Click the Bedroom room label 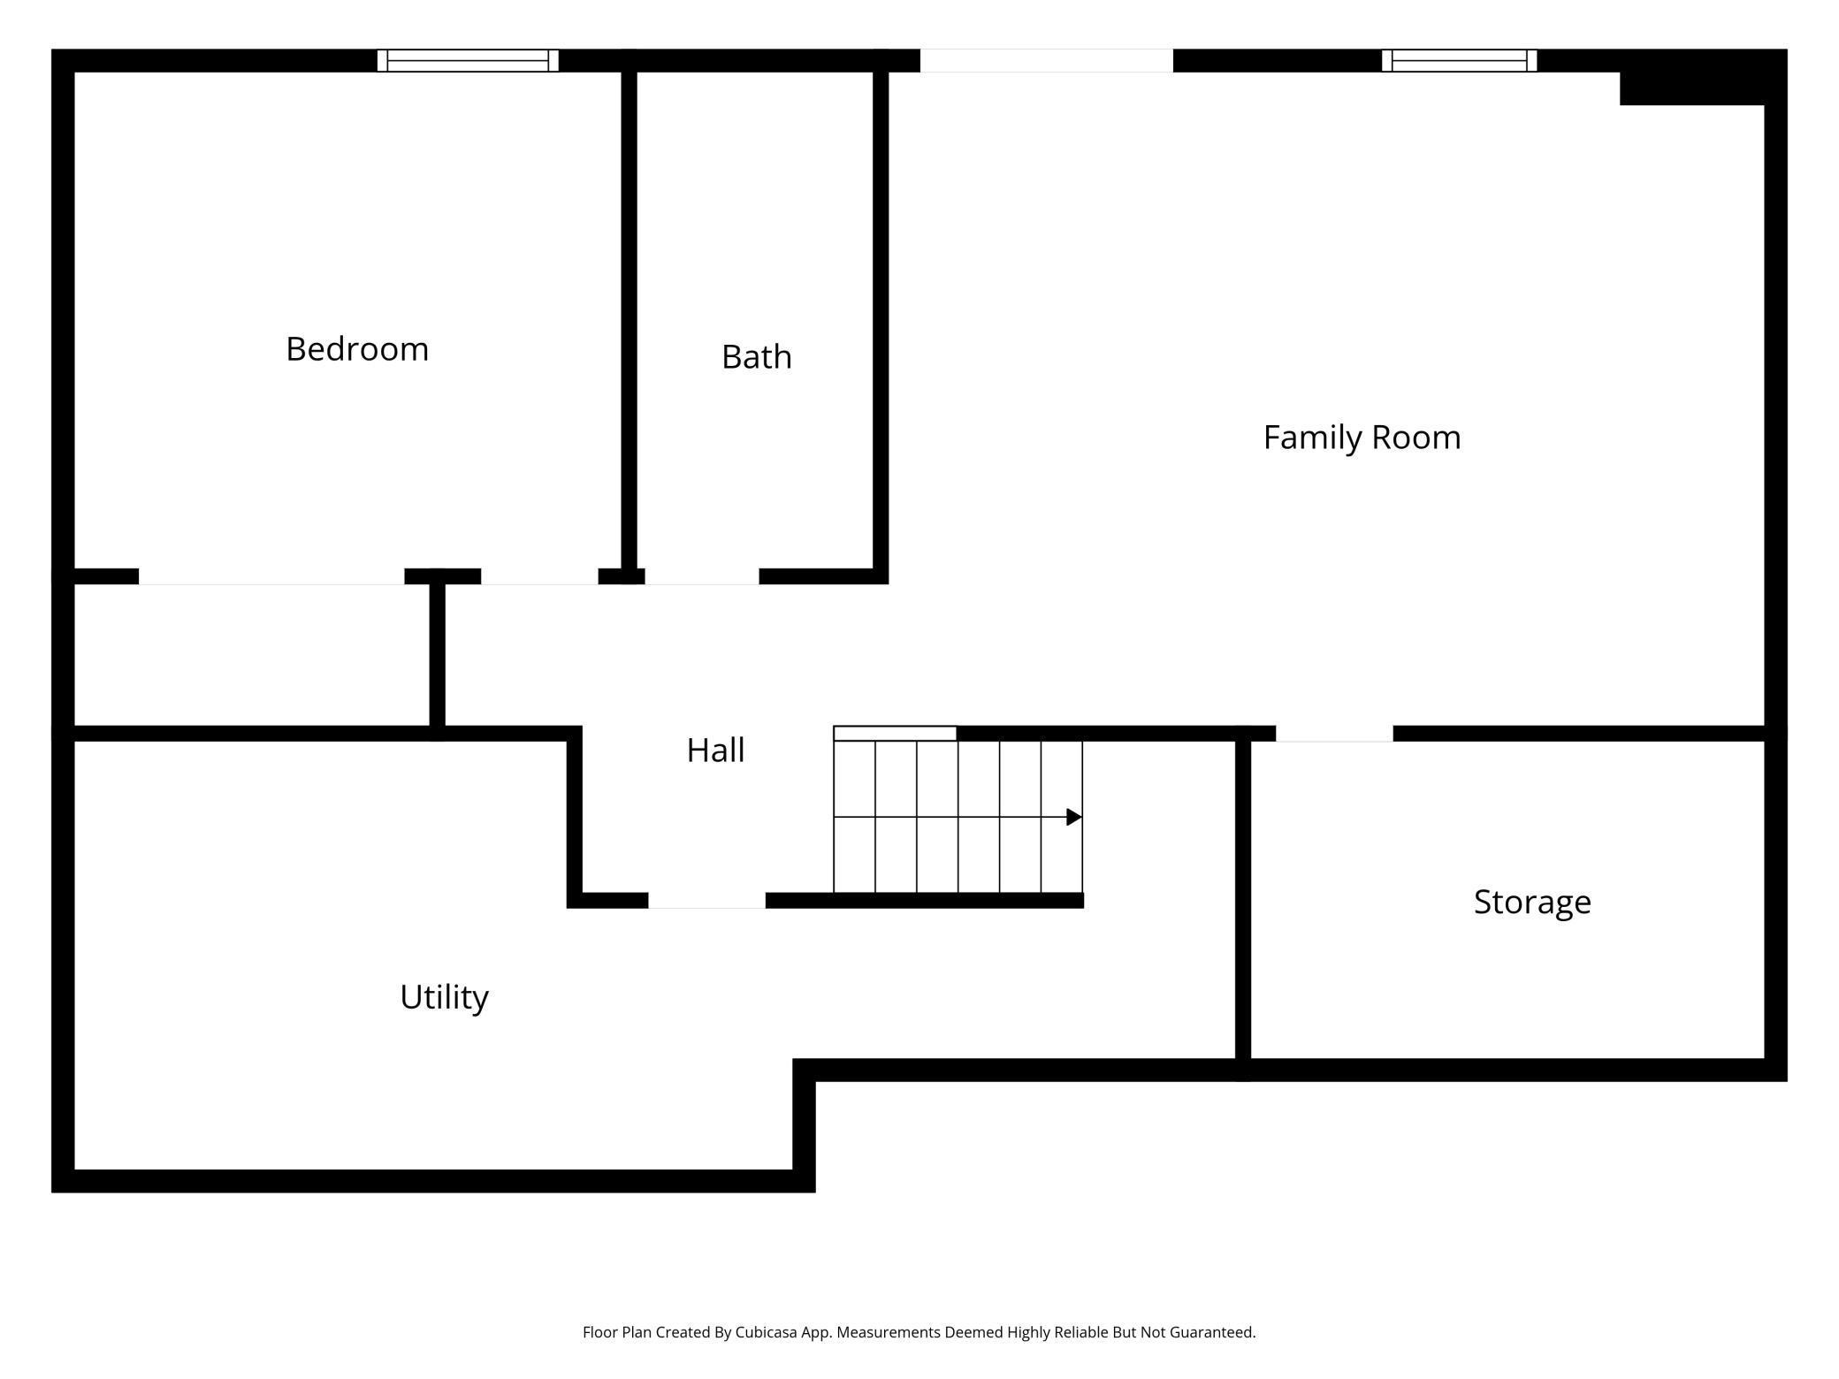tap(357, 349)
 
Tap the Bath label tap(757, 357)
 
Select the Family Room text tap(1362, 438)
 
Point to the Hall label tap(715, 750)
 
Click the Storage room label tap(1532, 903)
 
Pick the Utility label tap(444, 997)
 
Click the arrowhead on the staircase tap(1074, 817)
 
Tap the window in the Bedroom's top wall tap(468, 60)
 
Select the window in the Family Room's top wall tap(1459, 60)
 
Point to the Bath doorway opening tap(702, 576)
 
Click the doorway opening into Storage tap(1334, 734)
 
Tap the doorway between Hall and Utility tap(706, 900)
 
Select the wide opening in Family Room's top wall tap(1047, 60)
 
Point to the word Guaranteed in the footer tap(1212, 1332)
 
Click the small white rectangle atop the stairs tap(895, 733)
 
